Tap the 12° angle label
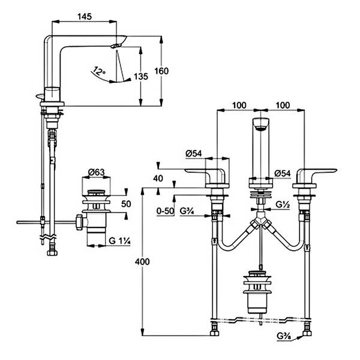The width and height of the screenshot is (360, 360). (100, 71)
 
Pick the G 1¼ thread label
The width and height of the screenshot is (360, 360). (121, 241)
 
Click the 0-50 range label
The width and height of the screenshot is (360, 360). (164, 211)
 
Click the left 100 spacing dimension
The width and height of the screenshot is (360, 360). (239, 106)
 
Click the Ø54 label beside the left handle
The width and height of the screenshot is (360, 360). (193, 154)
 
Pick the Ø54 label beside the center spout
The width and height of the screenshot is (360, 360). (283, 174)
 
